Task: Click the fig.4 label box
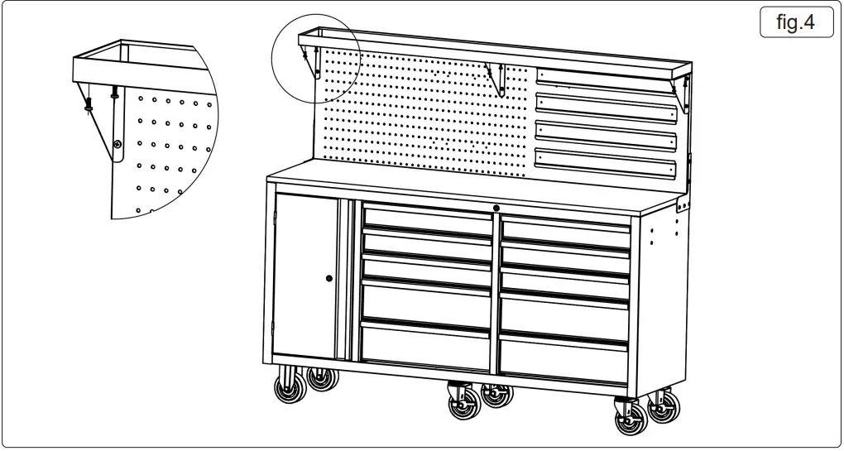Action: [x=795, y=22]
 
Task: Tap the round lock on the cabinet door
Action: [x=328, y=279]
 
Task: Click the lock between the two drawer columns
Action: [x=496, y=208]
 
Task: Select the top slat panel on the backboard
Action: [x=606, y=79]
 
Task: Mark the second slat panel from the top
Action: [x=606, y=106]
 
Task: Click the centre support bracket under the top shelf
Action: [x=496, y=79]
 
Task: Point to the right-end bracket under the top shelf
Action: [x=683, y=92]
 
